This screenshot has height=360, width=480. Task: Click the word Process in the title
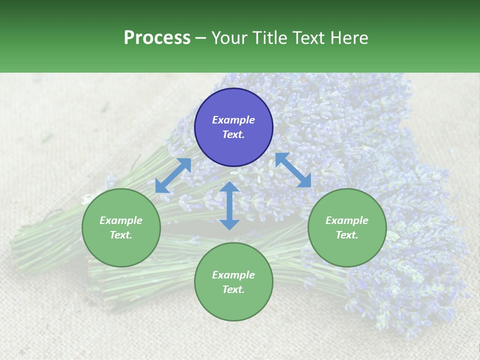coord(157,38)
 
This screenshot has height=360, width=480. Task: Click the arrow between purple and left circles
coord(173,175)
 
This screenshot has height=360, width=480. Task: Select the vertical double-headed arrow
coord(229,205)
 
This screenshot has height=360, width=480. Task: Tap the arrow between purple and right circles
coord(293,170)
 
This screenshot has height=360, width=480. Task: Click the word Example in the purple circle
coord(233,120)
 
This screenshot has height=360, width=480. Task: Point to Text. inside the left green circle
coord(121,235)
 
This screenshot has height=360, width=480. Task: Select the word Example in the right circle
coord(347,220)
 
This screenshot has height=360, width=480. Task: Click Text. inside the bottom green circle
coord(233,289)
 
